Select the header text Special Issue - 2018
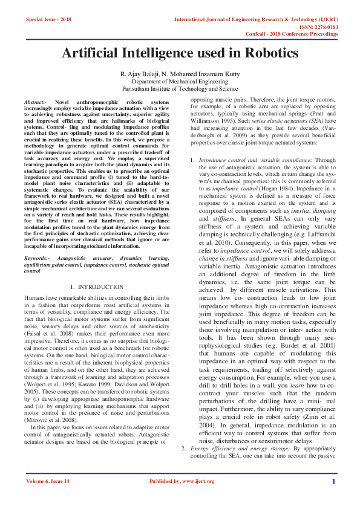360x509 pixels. click(x=48, y=19)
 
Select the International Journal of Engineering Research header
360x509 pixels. click(x=255, y=19)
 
